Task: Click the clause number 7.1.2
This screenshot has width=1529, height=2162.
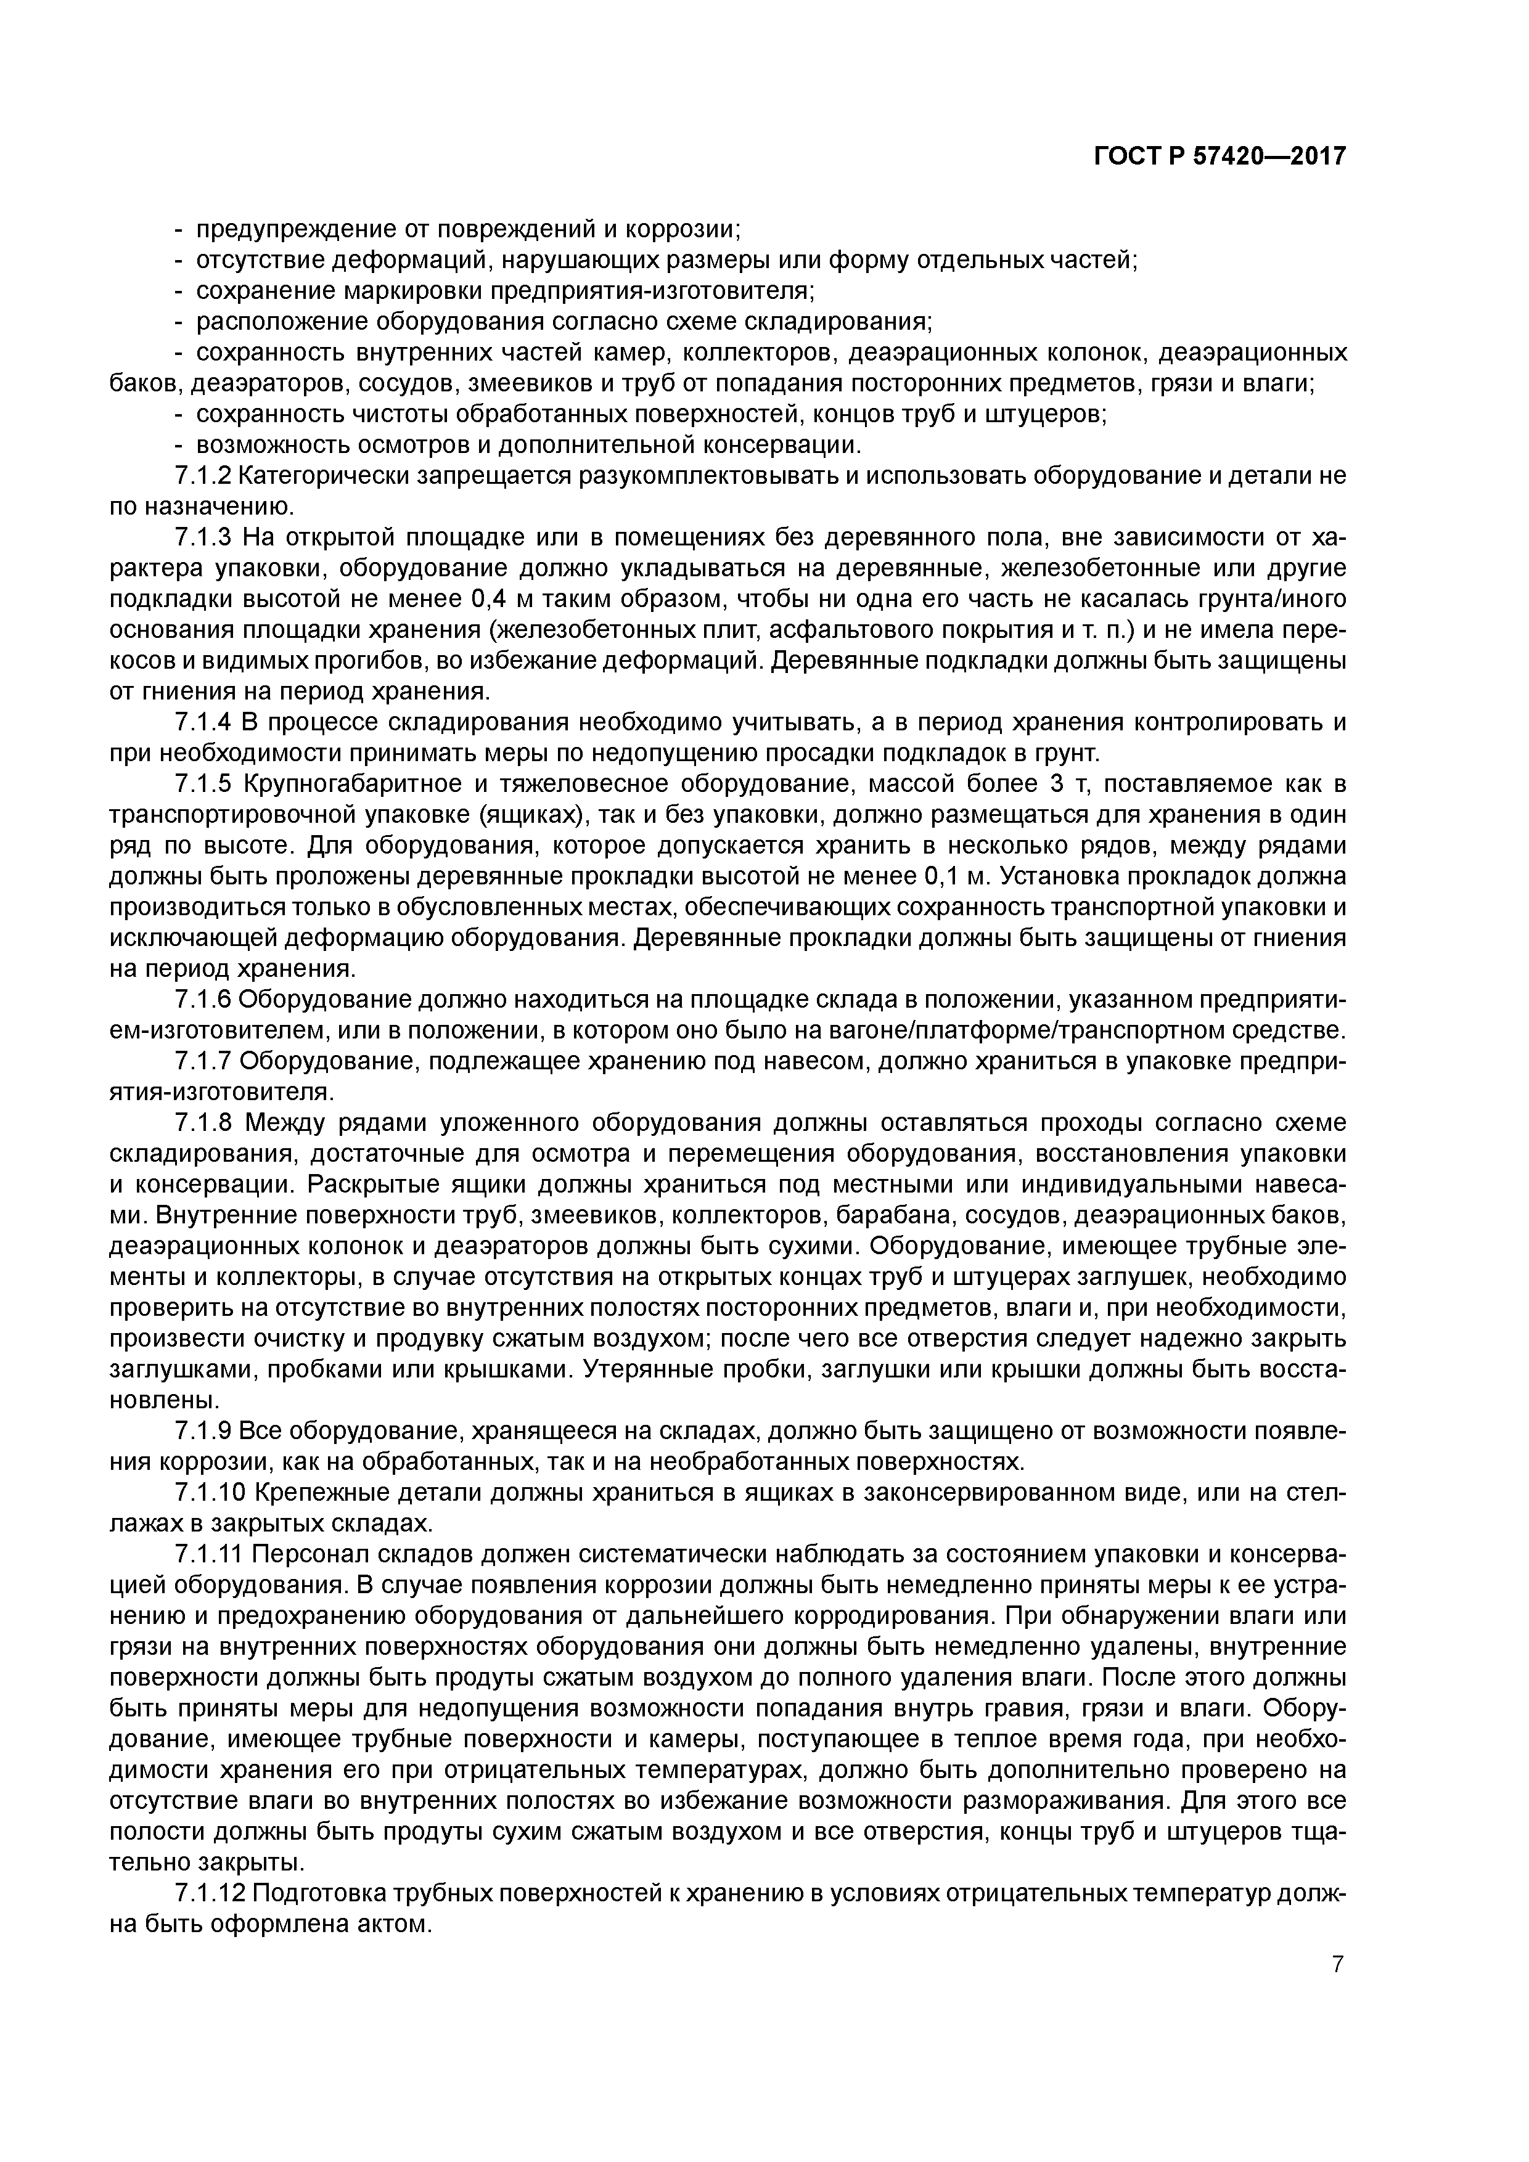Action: [x=203, y=476]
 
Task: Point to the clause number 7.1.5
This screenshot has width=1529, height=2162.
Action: [x=203, y=785]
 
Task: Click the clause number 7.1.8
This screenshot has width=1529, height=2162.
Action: [x=203, y=1124]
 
